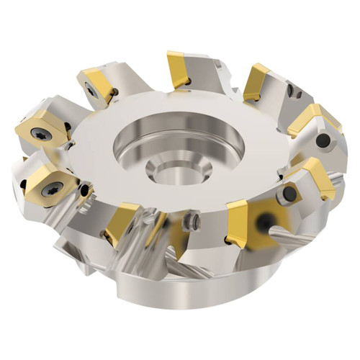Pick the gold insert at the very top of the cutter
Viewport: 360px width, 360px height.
pyautogui.click(x=179, y=68)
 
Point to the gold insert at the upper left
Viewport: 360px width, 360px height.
pyautogui.click(x=98, y=82)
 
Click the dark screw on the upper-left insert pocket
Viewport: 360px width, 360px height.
pyautogui.click(x=91, y=91)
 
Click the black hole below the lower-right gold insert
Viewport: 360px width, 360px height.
pyautogui.click(x=289, y=194)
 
